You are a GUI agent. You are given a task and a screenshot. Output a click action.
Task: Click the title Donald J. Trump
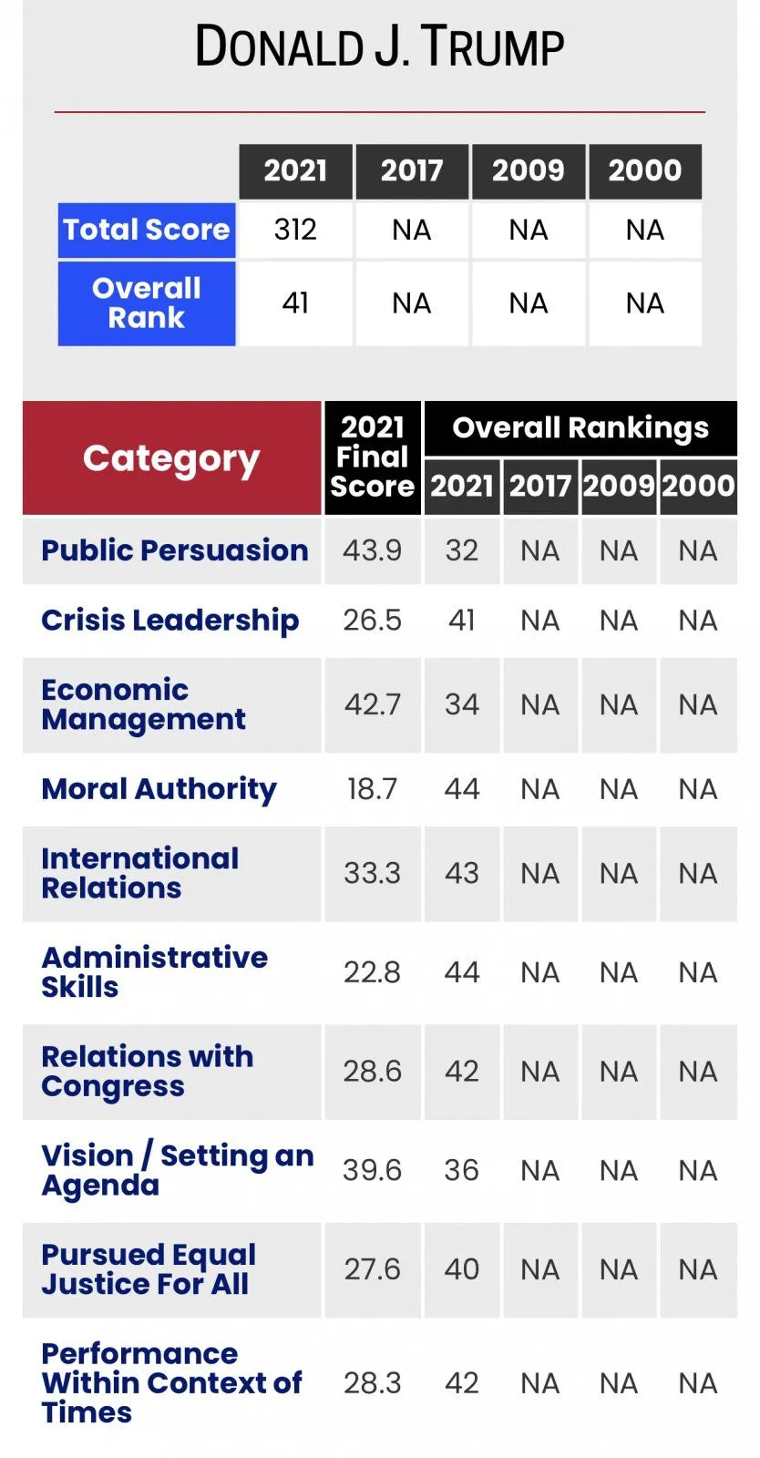(379, 46)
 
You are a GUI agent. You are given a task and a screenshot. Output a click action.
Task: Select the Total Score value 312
(295, 230)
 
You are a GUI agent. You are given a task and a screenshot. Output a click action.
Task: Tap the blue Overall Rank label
(147, 303)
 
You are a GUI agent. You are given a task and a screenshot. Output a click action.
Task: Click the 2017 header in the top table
(411, 171)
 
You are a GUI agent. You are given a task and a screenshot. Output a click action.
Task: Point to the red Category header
(172, 458)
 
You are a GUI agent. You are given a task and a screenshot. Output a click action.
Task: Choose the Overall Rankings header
(580, 428)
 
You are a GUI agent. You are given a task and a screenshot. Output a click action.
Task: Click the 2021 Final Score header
(372, 457)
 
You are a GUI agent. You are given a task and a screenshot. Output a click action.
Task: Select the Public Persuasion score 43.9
(372, 550)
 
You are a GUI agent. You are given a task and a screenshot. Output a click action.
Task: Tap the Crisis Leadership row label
(169, 621)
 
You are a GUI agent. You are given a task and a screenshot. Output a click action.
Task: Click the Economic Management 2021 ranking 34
(462, 705)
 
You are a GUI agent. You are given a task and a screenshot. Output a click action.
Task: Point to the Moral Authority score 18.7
(372, 789)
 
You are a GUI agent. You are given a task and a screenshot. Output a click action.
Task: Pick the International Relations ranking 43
(462, 874)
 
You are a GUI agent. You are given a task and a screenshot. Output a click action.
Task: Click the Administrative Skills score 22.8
(372, 973)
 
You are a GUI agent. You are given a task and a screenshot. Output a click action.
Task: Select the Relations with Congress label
(147, 1072)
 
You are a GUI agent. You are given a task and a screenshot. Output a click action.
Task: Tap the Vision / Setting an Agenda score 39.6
(372, 1171)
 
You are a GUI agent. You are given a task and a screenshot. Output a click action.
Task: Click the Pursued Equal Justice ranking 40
(462, 1270)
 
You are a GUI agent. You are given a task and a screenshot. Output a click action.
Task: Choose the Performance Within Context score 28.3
(372, 1383)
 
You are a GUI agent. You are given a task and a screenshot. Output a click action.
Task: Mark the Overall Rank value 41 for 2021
(295, 303)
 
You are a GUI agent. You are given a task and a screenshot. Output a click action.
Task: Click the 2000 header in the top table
(645, 171)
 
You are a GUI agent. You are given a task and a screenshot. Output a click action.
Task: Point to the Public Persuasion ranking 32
(462, 550)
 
